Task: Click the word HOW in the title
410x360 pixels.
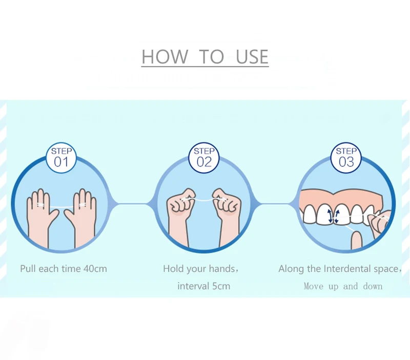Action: [165, 56]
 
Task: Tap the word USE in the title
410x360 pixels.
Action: [252, 56]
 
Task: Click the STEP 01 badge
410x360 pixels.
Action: [61, 158]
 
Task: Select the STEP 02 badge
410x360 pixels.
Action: [204, 158]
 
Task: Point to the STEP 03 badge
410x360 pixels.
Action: [346, 158]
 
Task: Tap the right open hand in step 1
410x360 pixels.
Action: [81, 217]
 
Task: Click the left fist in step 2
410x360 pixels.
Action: [180, 214]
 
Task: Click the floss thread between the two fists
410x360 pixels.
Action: [204, 200]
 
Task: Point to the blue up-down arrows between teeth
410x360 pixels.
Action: [334, 216]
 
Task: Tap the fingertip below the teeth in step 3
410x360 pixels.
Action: [356, 240]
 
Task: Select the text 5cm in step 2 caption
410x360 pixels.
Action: [221, 286]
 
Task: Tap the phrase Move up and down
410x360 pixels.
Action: [343, 286]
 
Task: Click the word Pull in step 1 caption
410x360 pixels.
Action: [28, 269]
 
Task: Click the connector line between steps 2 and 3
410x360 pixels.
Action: [275, 203]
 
